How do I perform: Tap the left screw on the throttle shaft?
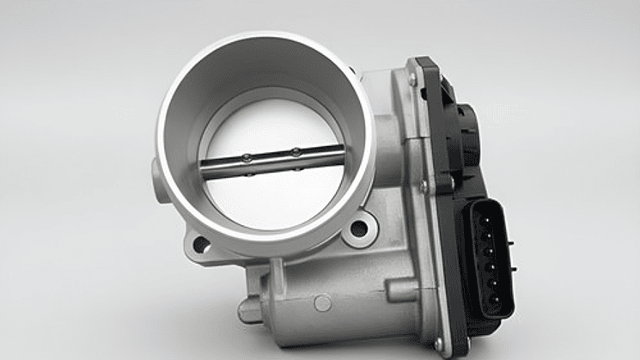tap(247, 157)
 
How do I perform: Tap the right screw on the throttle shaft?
tap(295, 152)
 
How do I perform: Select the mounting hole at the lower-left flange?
tap(200, 244)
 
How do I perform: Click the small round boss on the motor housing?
tap(321, 302)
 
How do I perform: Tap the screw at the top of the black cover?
tap(412, 78)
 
